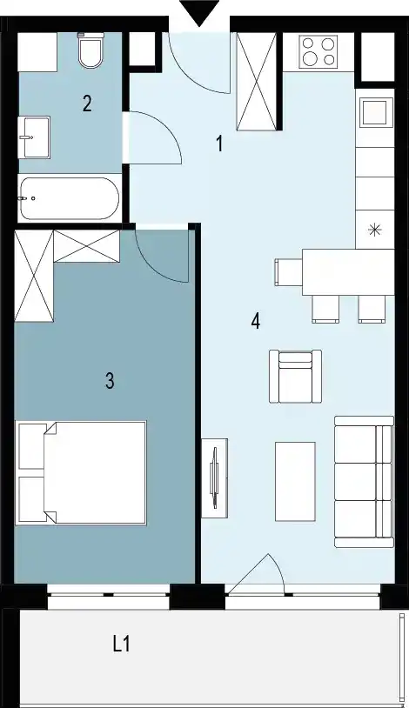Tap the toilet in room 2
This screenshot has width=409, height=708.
tap(91, 50)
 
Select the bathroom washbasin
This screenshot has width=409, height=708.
tap(34, 137)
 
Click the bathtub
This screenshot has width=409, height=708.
tap(70, 198)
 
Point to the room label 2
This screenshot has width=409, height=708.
tap(87, 104)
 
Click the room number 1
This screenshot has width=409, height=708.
tap(219, 144)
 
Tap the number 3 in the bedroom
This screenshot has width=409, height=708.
tap(110, 381)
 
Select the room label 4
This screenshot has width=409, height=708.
tap(256, 322)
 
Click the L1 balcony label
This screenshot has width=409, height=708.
tap(122, 644)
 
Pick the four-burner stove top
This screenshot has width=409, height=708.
tap(318, 51)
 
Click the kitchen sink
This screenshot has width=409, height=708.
tap(375, 112)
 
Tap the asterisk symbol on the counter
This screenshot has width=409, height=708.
tap(375, 230)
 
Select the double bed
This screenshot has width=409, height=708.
tap(80, 473)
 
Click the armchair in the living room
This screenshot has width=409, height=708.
tap(296, 376)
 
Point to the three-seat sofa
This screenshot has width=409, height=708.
tap(365, 482)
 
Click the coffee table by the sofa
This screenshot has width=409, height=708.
tap(295, 482)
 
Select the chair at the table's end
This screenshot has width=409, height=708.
tap(288, 272)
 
